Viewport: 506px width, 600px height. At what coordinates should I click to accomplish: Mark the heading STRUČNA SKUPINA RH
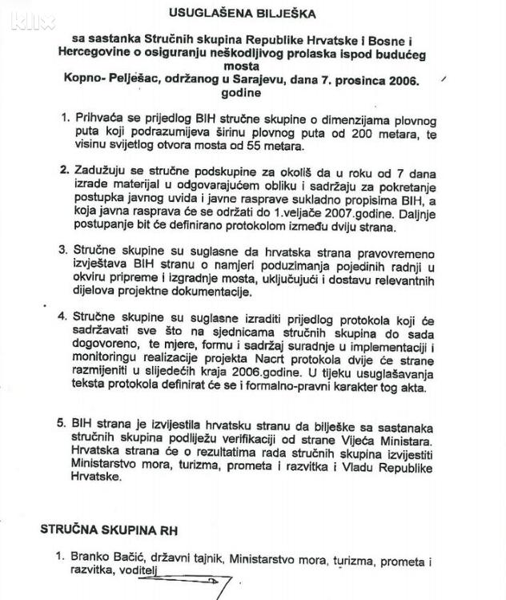pyautogui.click(x=109, y=530)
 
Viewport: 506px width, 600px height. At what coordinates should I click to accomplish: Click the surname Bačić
pyautogui.click(x=130, y=556)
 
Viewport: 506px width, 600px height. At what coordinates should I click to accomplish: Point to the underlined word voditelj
pyautogui.click(x=136, y=570)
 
